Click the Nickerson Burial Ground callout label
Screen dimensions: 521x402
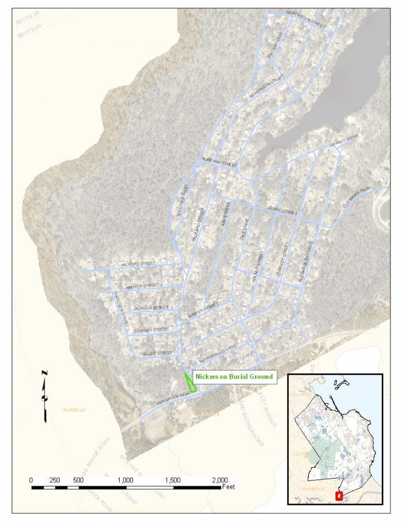click(x=234, y=376)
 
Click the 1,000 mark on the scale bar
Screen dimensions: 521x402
click(x=126, y=480)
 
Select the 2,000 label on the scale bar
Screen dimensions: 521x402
click(x=220, y=480)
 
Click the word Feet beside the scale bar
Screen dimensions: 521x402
click(x=228, y=487)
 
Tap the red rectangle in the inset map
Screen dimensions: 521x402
click(x=339, y=496)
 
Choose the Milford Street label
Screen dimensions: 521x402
click(x=138, y=263)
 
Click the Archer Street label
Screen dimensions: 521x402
click(x=142, y=285)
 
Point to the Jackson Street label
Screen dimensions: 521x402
click(x=150, y=307)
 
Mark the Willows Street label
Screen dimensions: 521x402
click(x=181, y=200)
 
